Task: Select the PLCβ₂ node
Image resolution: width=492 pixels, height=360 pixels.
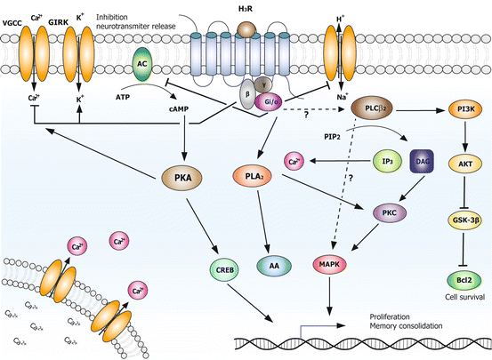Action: tap(378, 108)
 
